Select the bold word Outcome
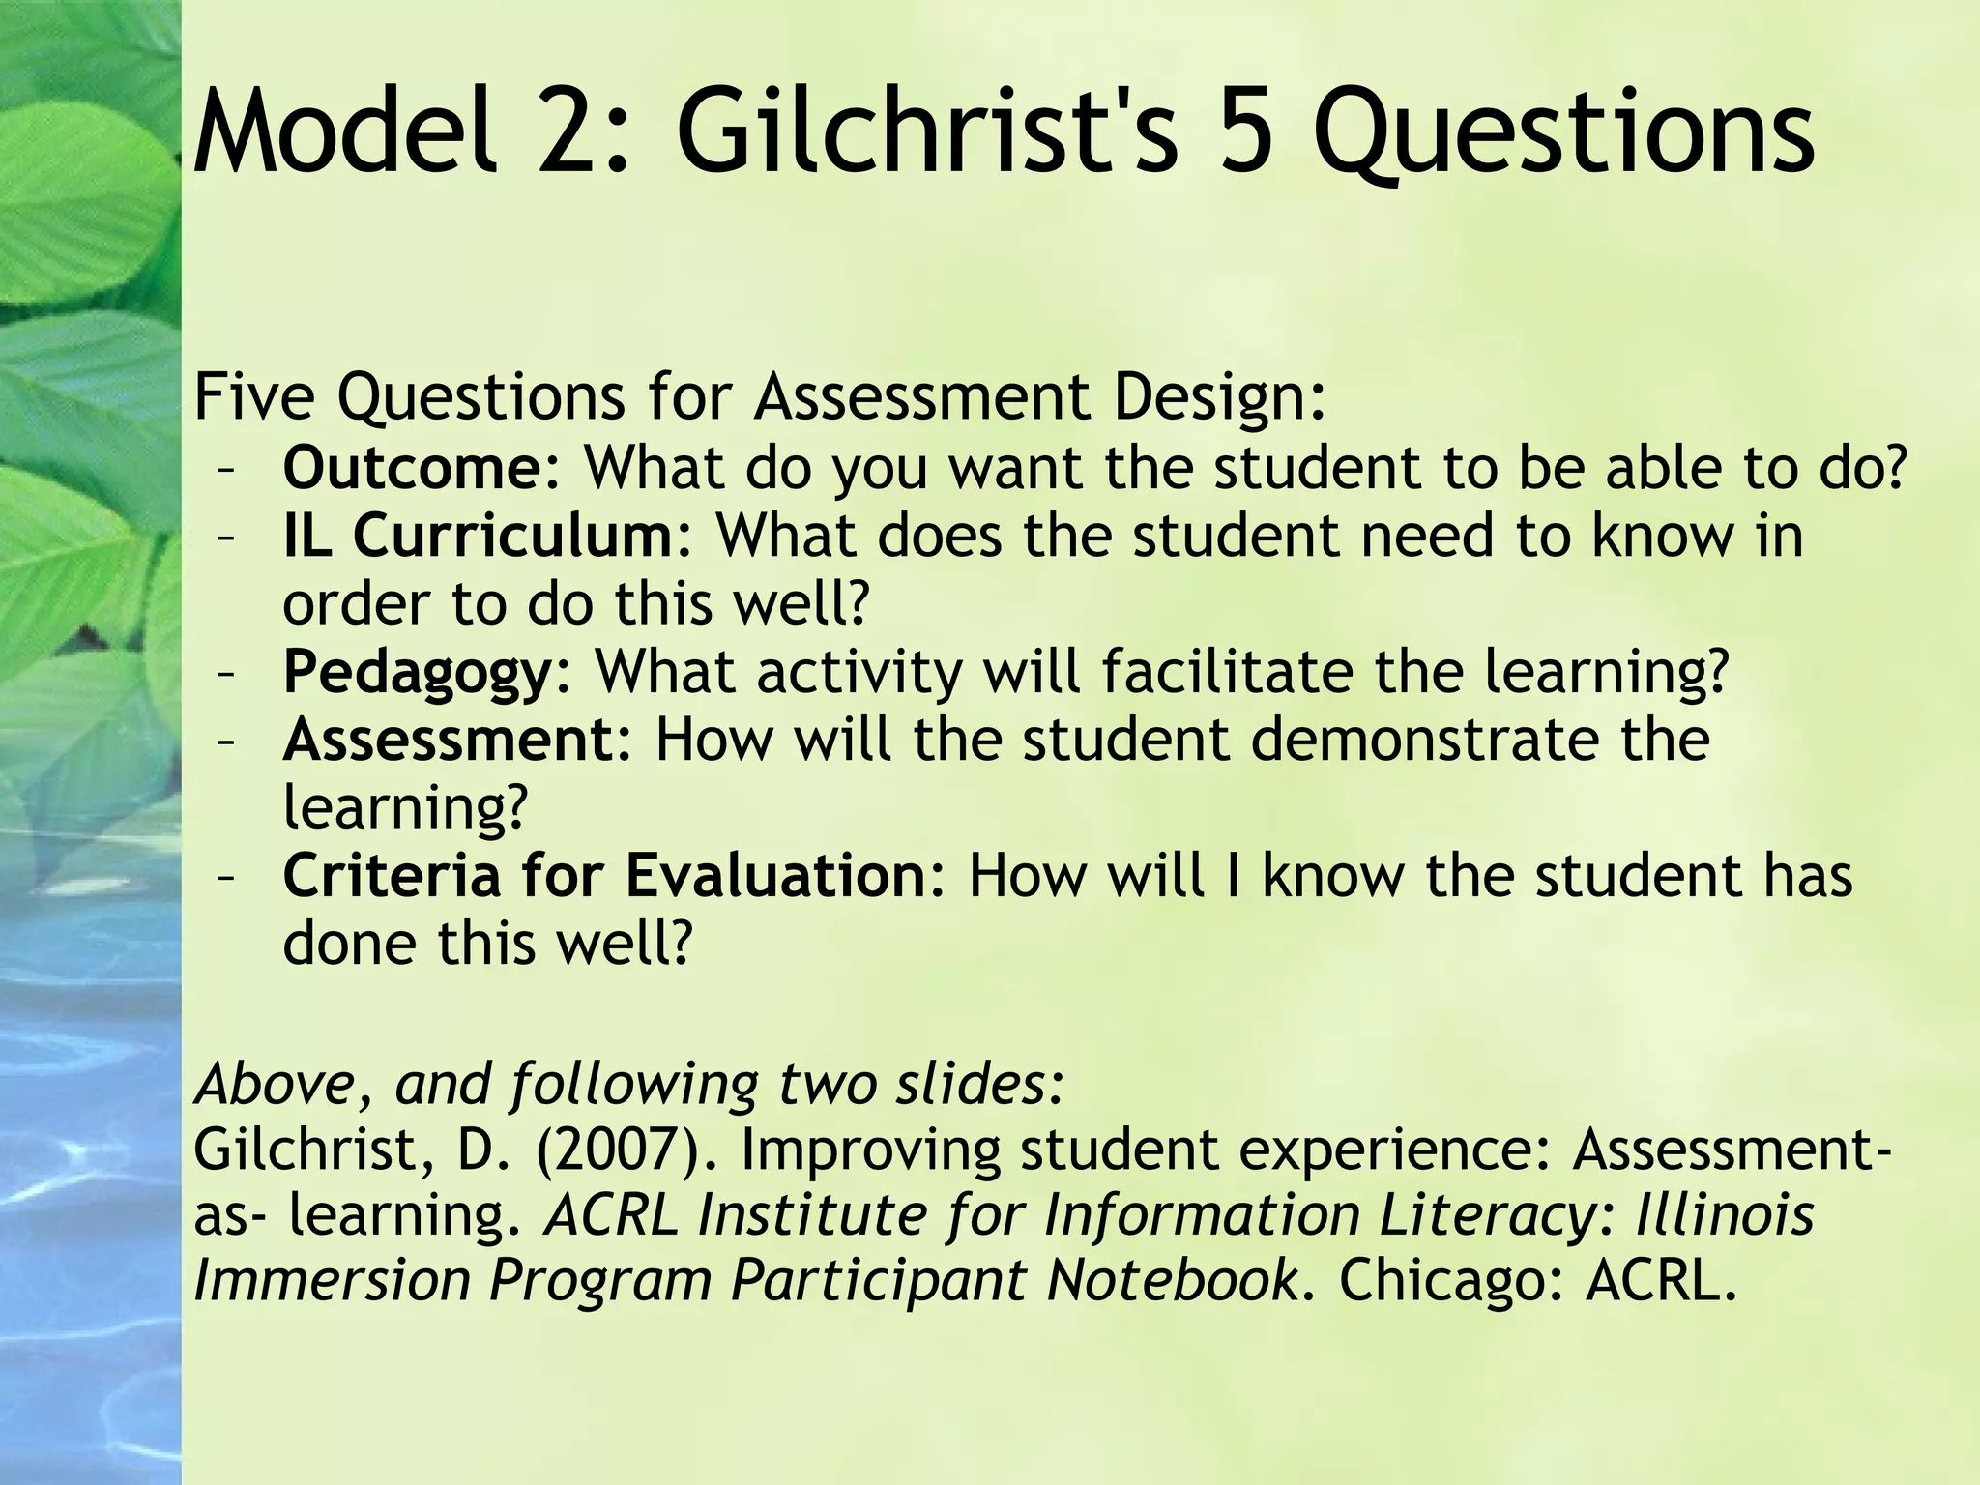point(413,468)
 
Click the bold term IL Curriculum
point(480,536)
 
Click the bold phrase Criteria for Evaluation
point(605,876)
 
